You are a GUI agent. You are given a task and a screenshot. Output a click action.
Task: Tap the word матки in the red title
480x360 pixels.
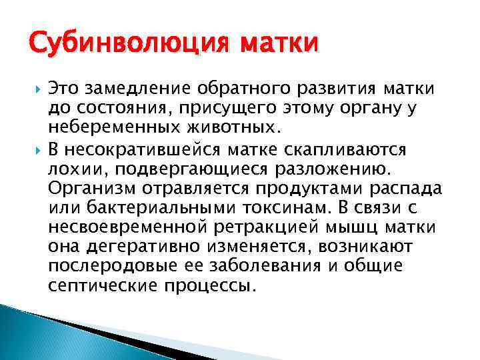click(x=280, y=46)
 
